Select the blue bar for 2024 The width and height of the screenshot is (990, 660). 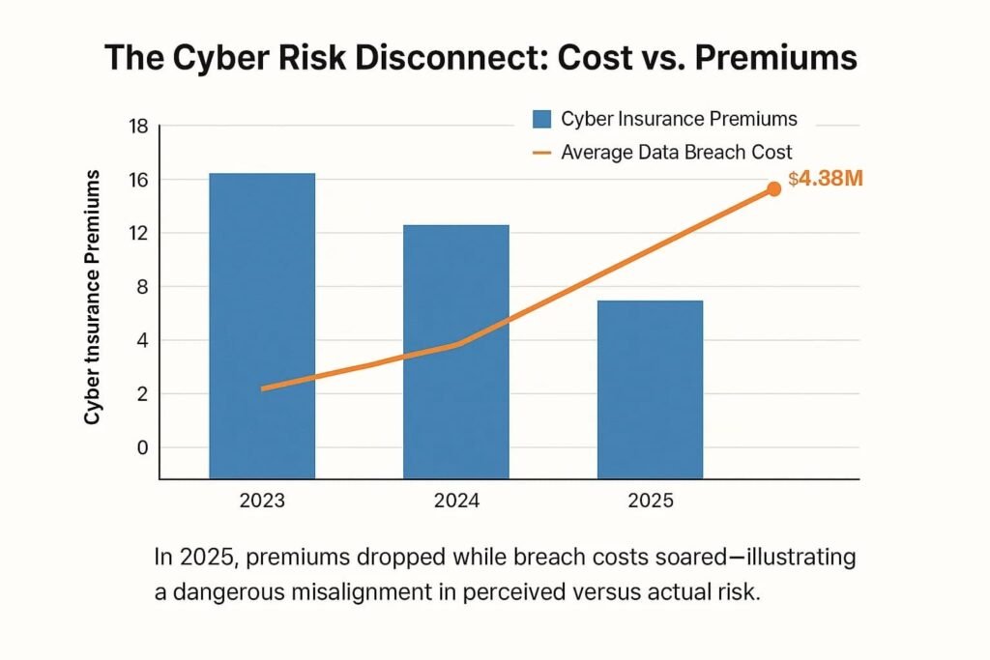coord(455,352)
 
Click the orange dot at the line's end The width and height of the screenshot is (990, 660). coord(773,189)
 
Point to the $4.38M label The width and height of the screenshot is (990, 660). coord(825,179)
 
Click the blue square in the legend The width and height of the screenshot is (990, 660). coord(541,120)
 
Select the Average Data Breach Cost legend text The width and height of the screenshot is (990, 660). coord(676,152)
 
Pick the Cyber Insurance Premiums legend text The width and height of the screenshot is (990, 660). coord(679,119)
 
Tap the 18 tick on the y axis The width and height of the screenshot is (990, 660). coord(136,127)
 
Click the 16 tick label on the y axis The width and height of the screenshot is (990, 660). coord(136,180)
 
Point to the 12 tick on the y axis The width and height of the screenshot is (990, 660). coord(136,233)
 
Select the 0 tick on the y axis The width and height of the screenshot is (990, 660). coord(141,447)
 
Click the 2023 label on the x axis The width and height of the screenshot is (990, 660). coord(262,502)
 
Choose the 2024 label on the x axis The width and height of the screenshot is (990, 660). coord(455,502)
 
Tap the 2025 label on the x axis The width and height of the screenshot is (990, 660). coord(650,502)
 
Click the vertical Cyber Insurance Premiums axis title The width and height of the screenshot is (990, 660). coord(93,297)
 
